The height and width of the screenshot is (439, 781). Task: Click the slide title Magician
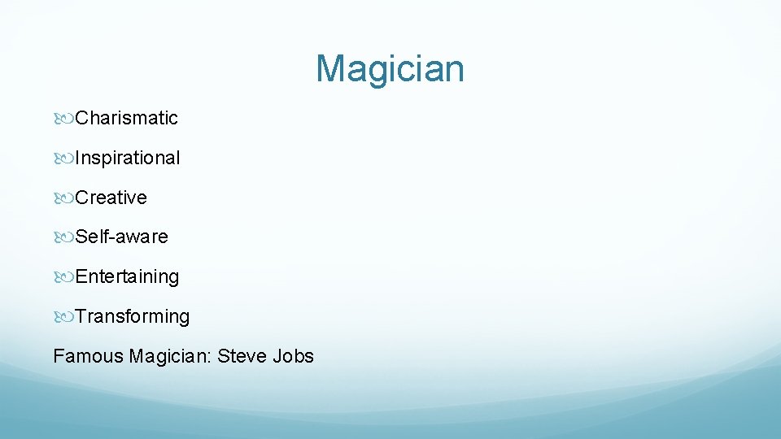(x=390, y=68)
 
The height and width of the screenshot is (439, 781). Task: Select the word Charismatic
(x=126, y=118)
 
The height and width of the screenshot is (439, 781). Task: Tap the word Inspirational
(x=128, y=158)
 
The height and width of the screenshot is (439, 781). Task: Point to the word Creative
(x=111, y=198)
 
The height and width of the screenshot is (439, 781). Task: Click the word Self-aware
(x=122, y=237)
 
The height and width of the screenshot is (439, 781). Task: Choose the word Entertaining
(x=127, y=276)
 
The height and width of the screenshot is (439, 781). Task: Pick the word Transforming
(x=133, y=316)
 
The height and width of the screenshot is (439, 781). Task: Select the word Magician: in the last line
(x=170, y=356)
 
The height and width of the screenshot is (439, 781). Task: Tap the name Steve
(x=242, y=356)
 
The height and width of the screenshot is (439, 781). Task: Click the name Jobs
(x=294, y=356)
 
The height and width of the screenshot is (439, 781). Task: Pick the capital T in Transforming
(x=81, y=316)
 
